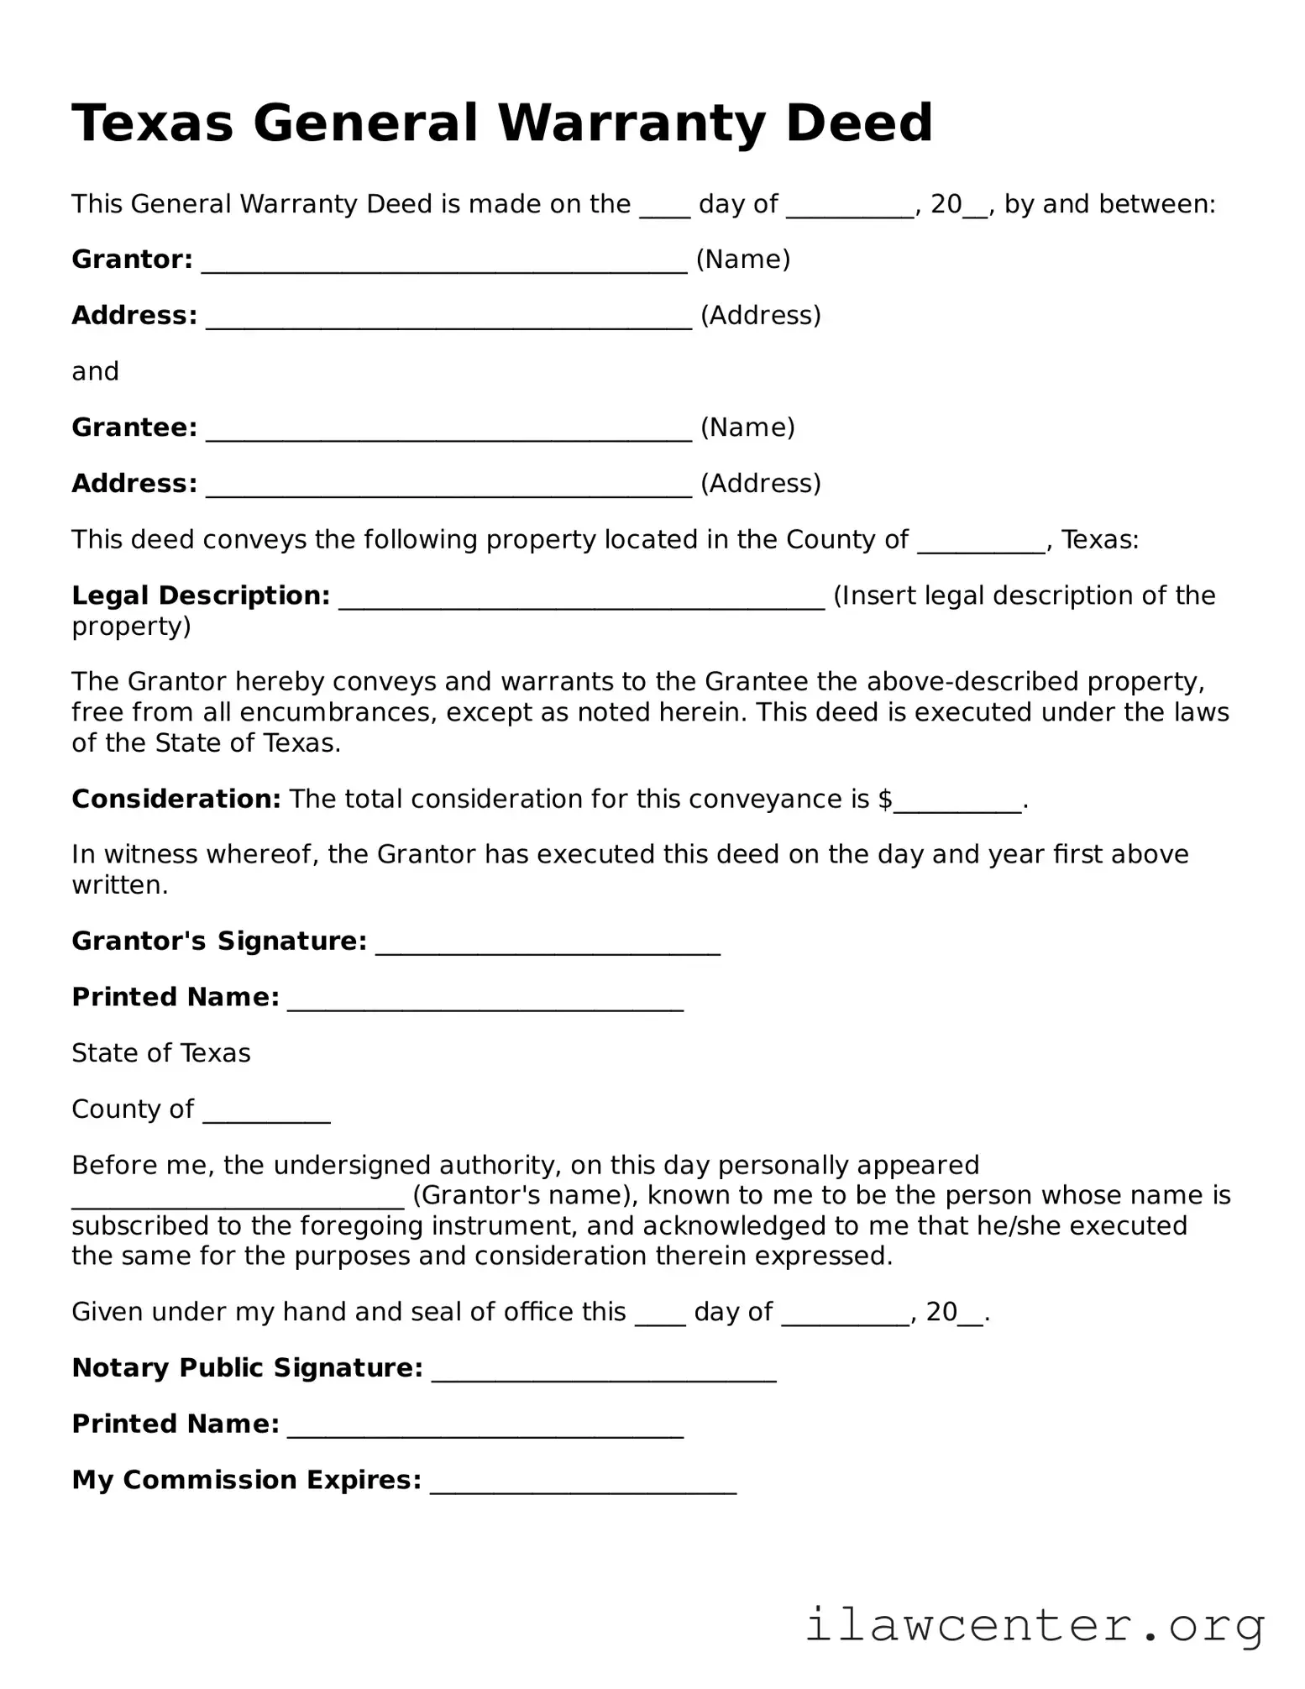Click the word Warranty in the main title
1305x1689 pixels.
pos(631,123)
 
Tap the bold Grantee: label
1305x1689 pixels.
pos(134,427)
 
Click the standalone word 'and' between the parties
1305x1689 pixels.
pos(95,371)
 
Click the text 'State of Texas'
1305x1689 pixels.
pos(160,1053)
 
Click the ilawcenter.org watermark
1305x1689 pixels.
pos(1035,1625)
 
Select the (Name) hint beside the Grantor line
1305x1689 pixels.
pos(743,260)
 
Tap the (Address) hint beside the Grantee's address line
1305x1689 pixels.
pos(760,484)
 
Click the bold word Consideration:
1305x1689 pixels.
pos(176,799)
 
